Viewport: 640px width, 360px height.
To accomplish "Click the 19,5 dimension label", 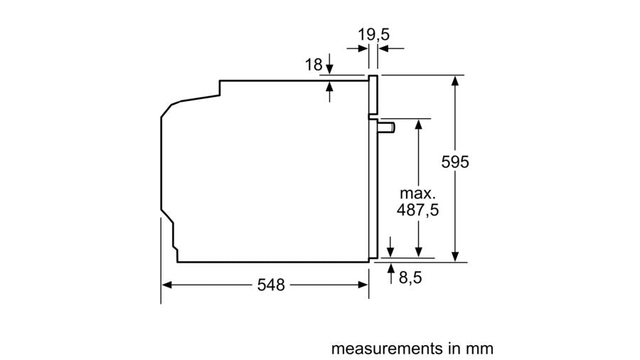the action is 373,35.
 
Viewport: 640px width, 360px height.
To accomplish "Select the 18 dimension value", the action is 314,65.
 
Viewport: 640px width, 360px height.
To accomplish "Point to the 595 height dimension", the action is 455,162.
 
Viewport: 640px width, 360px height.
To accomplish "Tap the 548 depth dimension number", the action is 271,285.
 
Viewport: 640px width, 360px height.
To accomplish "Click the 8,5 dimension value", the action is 410,278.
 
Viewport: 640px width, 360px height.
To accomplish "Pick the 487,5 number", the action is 417,210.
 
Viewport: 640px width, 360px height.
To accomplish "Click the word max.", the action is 417,193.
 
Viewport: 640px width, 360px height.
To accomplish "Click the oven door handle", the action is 385,127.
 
